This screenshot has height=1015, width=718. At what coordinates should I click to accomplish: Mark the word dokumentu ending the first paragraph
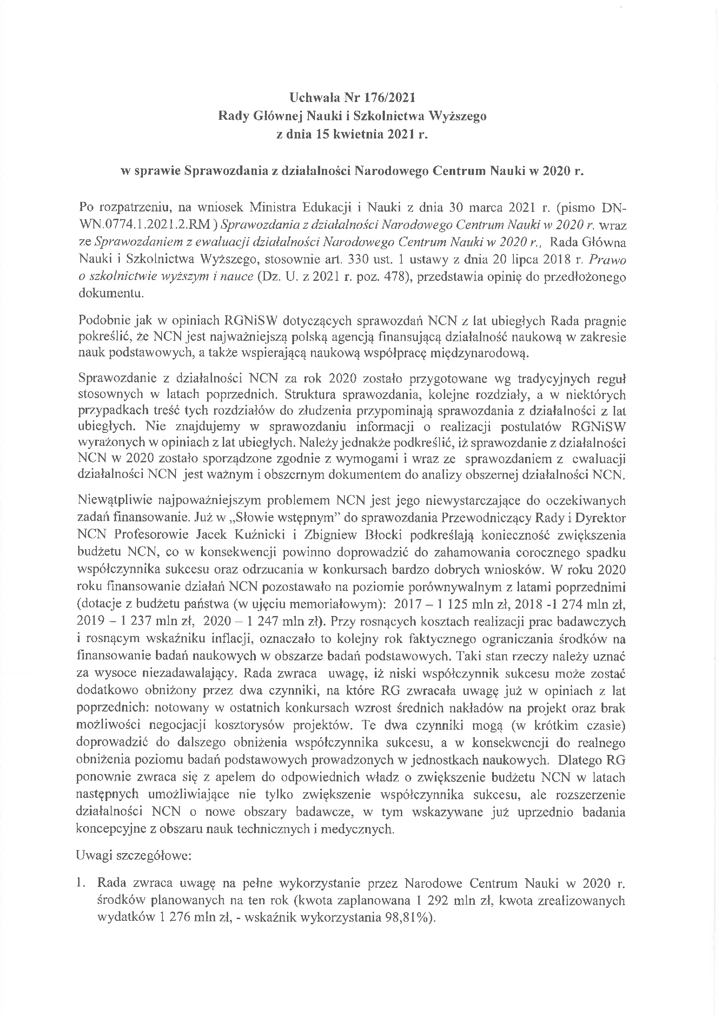tap(111, 294)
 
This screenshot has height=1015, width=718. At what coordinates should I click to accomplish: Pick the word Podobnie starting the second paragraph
tap(104, 320)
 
